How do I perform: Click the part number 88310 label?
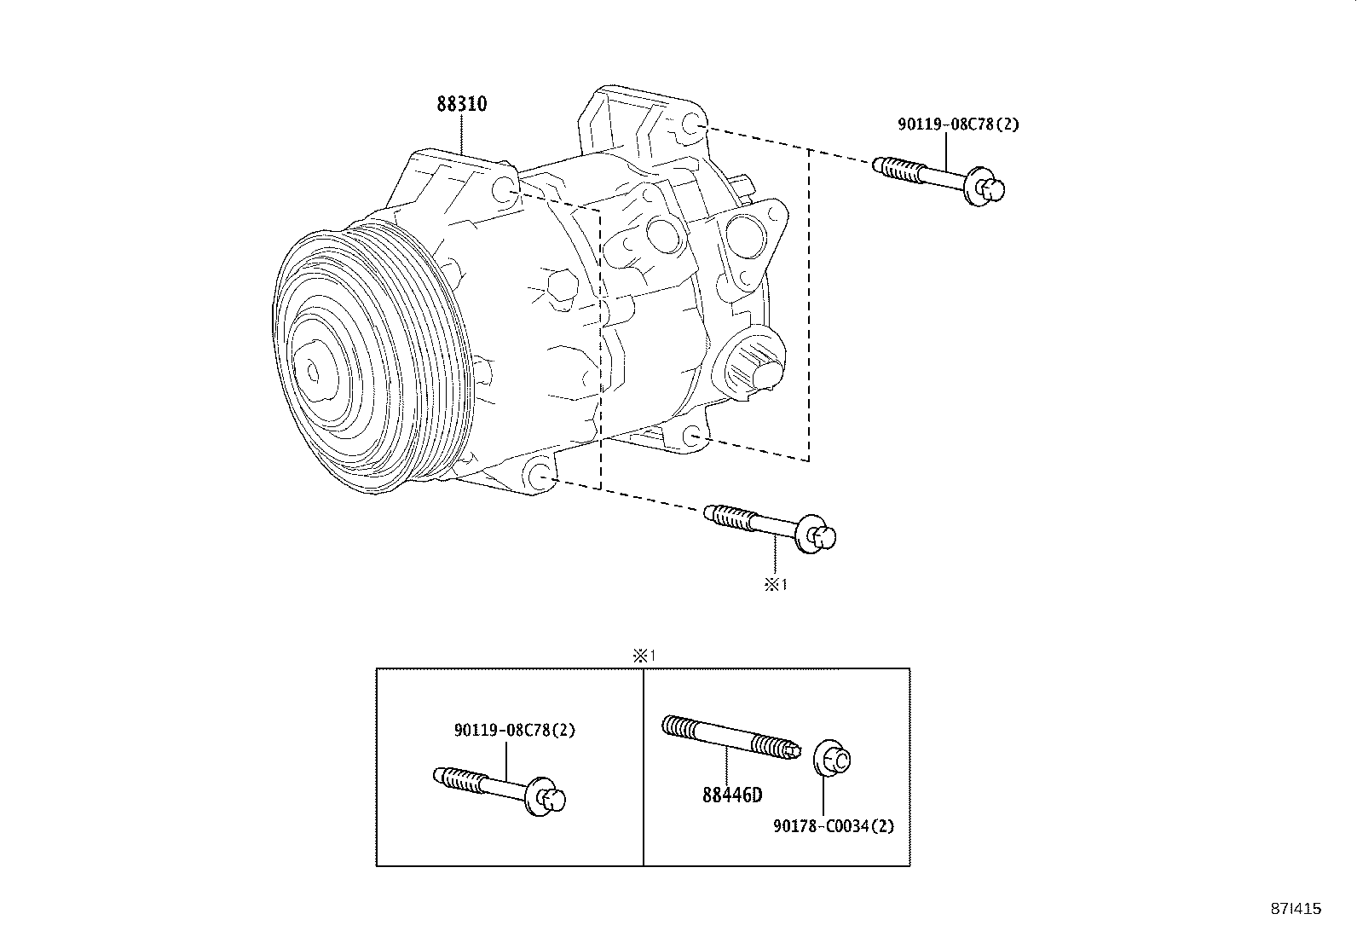pos(461,104)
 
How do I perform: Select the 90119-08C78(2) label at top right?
pos(957,124)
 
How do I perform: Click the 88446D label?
pos(732,795)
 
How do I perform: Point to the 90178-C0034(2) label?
pos(834,826)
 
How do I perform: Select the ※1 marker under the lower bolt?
pos(775,585)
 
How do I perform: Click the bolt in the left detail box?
pos(499,790)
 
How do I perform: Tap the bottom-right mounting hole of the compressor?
pos(694,436)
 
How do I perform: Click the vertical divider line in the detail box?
pos(643,767)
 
